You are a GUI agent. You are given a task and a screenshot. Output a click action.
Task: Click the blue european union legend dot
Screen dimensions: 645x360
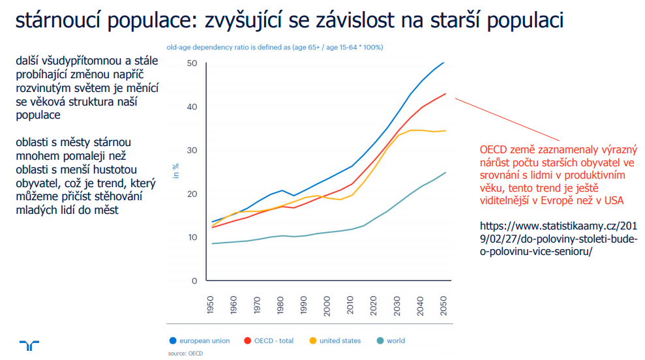tap(173, 340)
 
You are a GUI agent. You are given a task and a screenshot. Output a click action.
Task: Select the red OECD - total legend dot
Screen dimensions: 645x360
tap(247, 340)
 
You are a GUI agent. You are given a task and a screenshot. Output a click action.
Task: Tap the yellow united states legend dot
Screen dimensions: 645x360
tap(312, 340)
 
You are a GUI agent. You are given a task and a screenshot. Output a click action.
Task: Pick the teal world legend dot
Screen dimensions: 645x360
tap(380, 340)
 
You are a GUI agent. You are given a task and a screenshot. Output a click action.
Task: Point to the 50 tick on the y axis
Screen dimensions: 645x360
tap(192, 63)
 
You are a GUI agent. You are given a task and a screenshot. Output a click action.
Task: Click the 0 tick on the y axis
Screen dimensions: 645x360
tap(194, 281)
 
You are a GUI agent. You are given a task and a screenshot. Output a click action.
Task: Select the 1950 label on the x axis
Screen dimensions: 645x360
tap(210, 305)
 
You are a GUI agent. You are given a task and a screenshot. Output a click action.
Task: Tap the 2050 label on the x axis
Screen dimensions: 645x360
tap(443, 305)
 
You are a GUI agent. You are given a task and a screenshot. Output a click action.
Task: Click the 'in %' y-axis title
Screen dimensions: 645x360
tap(175, 171)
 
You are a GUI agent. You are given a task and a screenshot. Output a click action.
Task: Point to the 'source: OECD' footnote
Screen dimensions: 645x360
tap(185, 353)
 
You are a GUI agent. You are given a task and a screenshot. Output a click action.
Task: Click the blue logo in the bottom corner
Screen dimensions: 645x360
tap(29, 345)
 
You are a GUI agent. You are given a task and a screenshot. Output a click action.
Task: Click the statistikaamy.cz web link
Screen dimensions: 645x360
tap(559, 239)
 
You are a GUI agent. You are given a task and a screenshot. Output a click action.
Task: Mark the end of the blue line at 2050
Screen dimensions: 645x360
tap(443, 63)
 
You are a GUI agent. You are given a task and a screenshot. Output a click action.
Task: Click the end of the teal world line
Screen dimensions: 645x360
tap(445, 173)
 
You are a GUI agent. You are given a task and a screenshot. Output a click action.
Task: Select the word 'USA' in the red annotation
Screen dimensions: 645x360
tap(613, 200)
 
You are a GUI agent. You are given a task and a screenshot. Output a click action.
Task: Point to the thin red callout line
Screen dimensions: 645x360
tap(507, 119)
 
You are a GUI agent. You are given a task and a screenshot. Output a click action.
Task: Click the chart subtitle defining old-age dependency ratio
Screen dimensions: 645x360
tap(275, 48)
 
